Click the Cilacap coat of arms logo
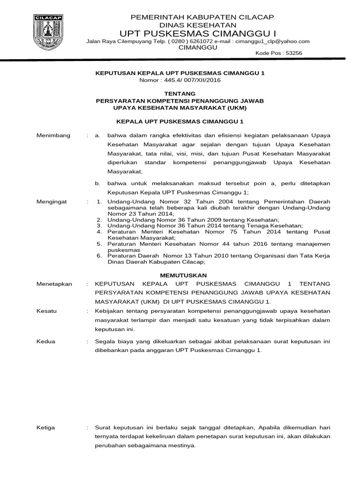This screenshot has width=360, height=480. pos(49,32)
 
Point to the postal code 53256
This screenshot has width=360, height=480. pos(292,53)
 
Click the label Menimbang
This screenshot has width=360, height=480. pos(53,135)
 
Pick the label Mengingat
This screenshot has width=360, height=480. pos(52,202)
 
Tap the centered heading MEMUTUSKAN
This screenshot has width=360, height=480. pos(180,276)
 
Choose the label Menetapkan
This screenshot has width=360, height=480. pos(54,284)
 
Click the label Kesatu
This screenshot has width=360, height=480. pos(46,311)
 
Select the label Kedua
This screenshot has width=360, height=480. pos(46,341)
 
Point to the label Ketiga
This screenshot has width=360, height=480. pos(46,427)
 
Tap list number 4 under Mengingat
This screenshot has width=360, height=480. pos(99,232)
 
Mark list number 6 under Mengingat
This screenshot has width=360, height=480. pos(99,256)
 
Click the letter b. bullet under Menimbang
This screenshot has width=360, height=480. pos(97,184)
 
